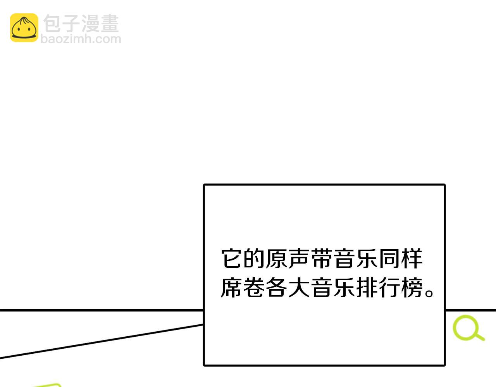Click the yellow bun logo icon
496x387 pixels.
(x=24, y=27)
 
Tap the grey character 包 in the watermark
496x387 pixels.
(x=52, y=24)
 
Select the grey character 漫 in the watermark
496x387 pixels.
(x=91, y=24)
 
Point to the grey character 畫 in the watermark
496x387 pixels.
(x=110, y=24)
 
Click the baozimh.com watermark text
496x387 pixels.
(x=81, y=39)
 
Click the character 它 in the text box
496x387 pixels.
(x=231, y=259)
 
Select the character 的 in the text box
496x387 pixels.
(x=254, y=259)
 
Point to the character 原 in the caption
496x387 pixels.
(x=276, y=259)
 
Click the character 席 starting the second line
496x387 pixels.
(x=231, y=287)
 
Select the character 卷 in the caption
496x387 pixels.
(x=254, y=287)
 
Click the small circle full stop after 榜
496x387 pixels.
(x=429, y=293)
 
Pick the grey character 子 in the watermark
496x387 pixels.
(x=71, y=24)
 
